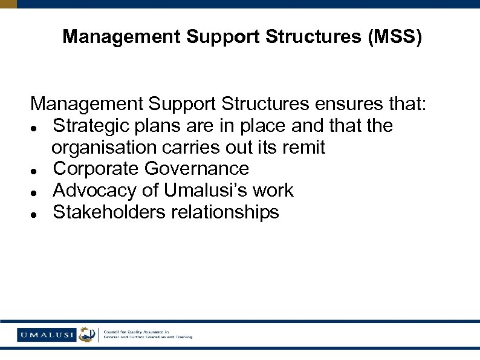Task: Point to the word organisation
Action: click(x=103, y=147)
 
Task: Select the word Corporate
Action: click(x=96, y=169)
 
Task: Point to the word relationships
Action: click(x=227, y=212)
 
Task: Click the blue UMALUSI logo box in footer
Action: click(x=47, y=335)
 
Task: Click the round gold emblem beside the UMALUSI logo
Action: click(x=87, y=335)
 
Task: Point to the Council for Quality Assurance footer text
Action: click(x=148, y=335)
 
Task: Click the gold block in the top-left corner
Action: click(x=8, y=4)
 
